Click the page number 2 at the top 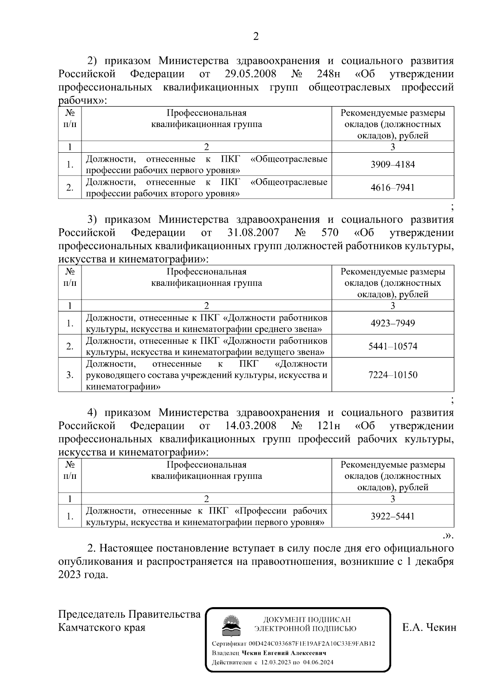tap(256, 37)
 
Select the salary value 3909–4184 tap(392, 165)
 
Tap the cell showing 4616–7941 tap(392, 187)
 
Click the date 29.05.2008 tap(250, 74)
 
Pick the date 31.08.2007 tap(252, 233)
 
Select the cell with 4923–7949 tap(392, 323)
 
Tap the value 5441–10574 tap(392, 346)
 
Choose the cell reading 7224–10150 tap(392, 375)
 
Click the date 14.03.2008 tap(250, 426)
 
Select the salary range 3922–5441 tap(392, 516)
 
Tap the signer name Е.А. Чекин tap(429, 627)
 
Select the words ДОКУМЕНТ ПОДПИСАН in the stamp tap(306, 619)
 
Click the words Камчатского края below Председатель tap(102, 627)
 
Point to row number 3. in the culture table tap(70, 375)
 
